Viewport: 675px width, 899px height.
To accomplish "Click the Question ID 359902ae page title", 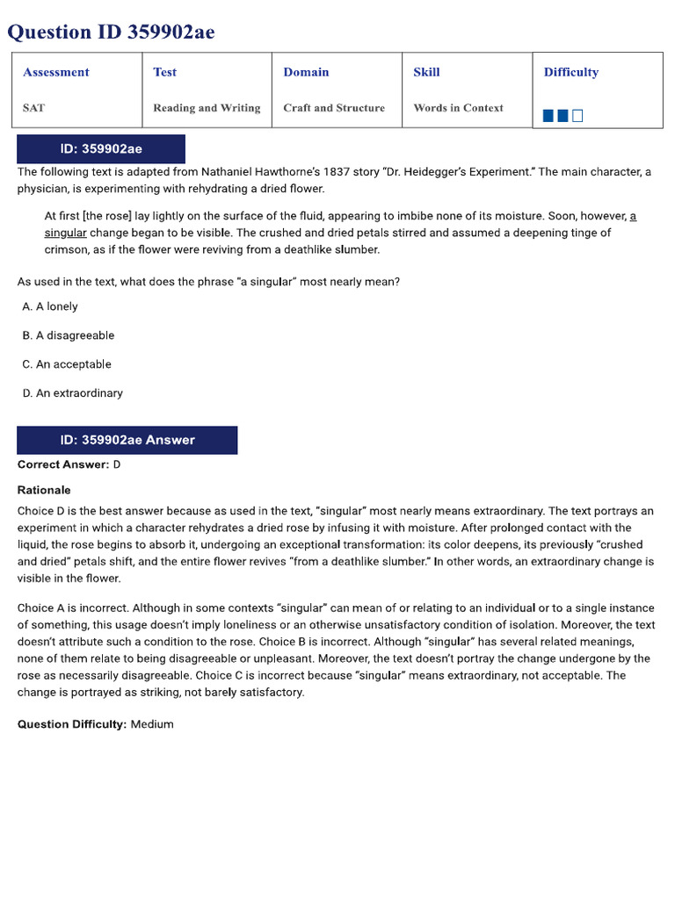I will point(111,32).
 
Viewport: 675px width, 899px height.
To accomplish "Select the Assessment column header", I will point(56,72).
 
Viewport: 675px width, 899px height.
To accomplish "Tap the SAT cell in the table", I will point(34,108).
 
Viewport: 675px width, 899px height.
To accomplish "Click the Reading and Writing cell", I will point(207,108).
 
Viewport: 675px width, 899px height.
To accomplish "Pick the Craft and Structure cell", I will point(334,108).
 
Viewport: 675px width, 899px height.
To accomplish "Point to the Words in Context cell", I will point(458,108).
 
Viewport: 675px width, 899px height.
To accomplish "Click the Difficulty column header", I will point(571,72).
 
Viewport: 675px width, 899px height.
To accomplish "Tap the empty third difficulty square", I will point(577,115).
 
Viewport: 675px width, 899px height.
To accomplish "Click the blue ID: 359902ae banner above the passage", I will point(101,148).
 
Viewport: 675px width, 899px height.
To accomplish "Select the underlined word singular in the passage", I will point(66,233).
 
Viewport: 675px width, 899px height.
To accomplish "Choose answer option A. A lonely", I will point(51,306).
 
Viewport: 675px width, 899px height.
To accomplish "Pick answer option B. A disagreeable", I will point(69,335).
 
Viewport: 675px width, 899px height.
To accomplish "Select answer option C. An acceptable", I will point(68,364).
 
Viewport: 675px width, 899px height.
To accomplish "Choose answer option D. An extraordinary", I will point(73,393).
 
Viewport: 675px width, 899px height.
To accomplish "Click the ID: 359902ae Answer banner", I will point(127,440).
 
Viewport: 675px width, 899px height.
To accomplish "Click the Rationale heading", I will point(44,490).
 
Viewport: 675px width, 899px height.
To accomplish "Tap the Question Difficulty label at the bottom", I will point(72,724).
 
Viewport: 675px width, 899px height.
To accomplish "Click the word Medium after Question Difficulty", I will point(152,724).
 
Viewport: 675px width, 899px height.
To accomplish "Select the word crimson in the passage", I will point(66,249).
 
